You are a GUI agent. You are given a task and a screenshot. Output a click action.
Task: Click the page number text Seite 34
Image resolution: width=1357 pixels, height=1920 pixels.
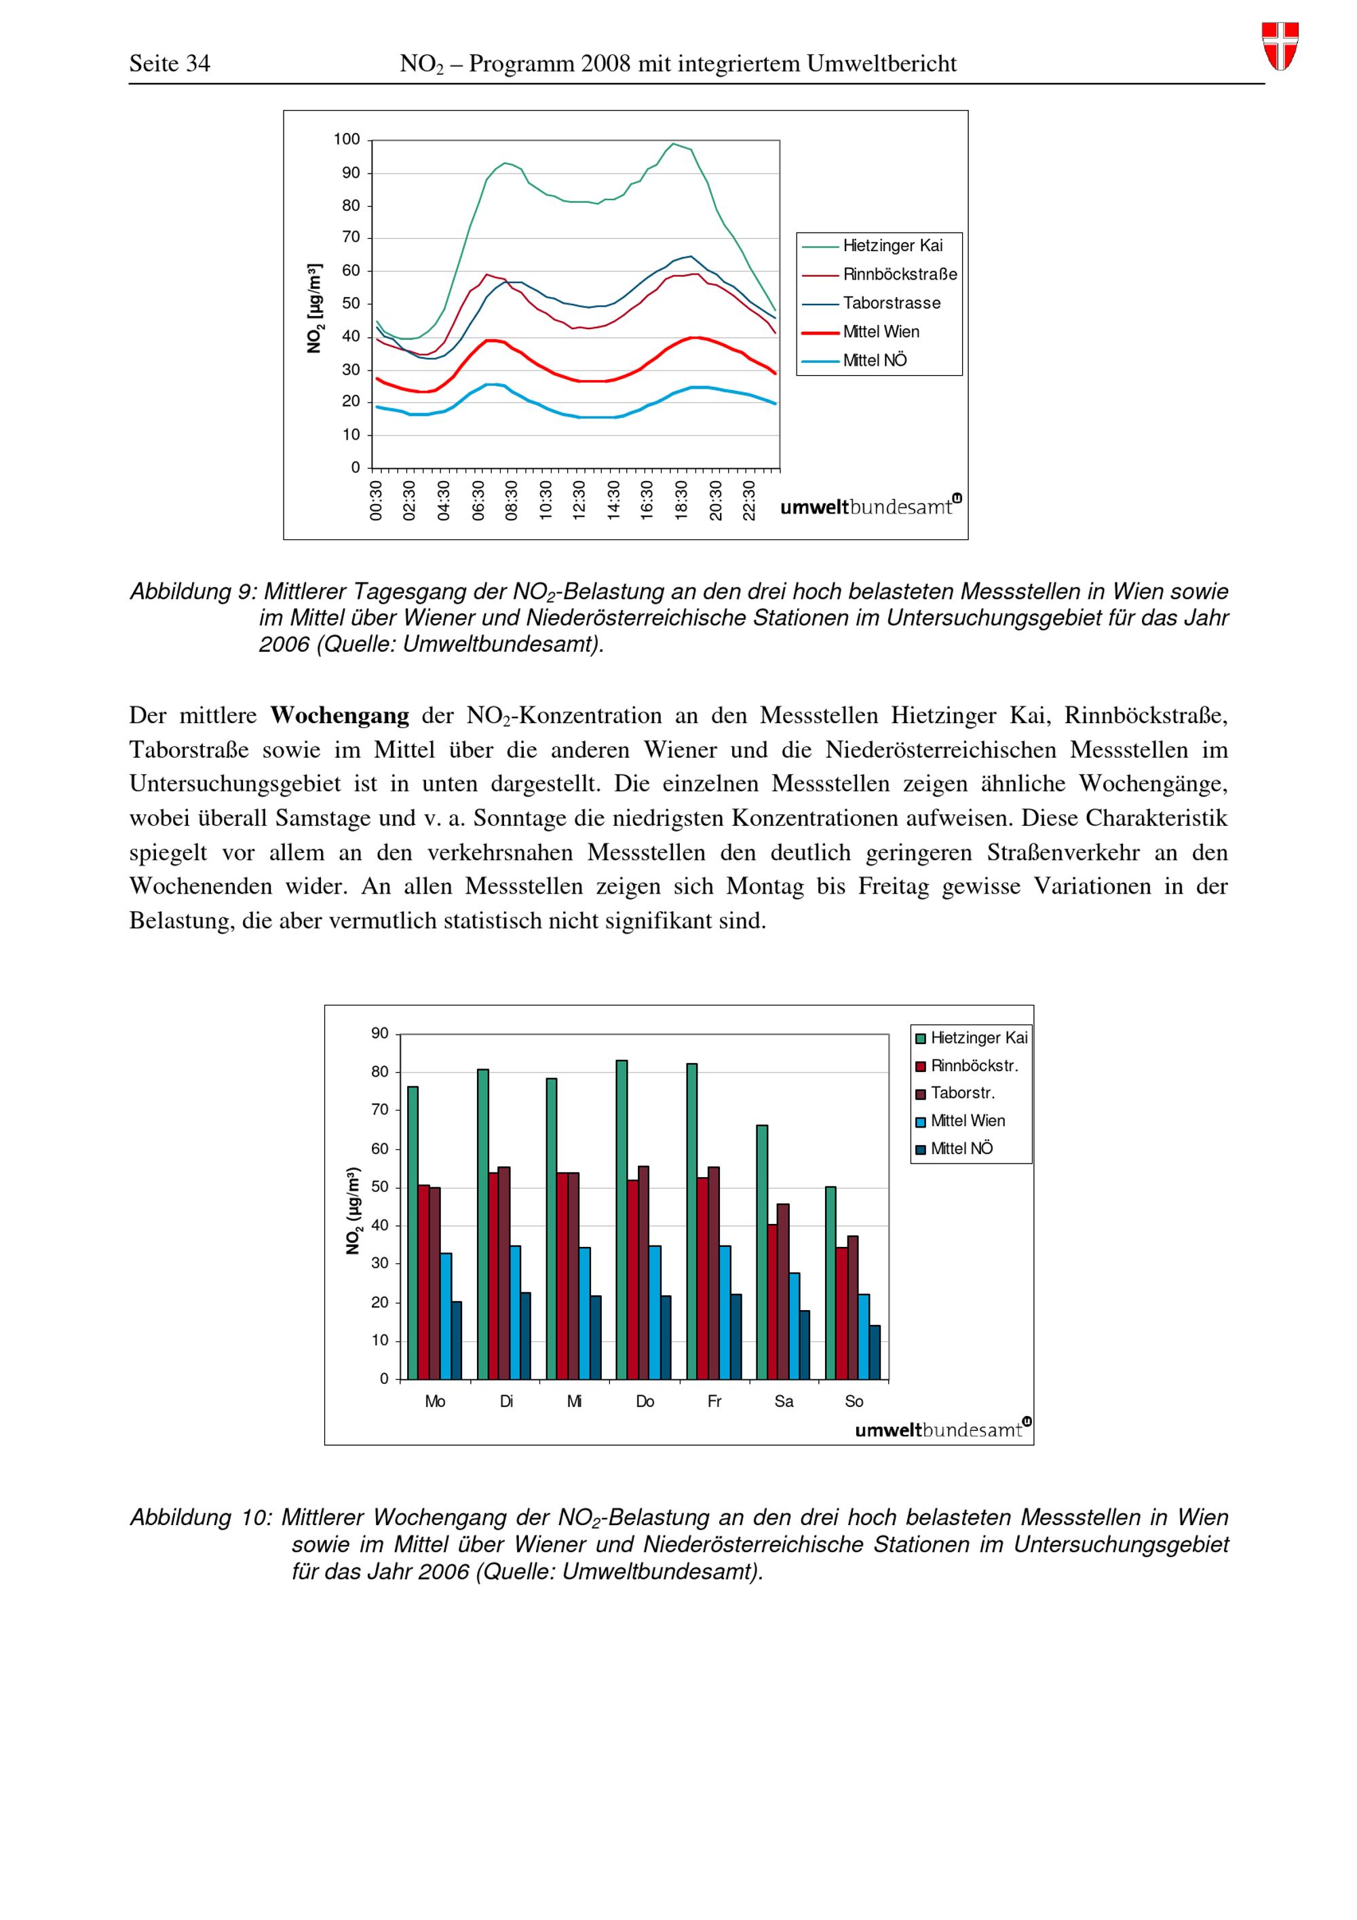[x=170, y=64]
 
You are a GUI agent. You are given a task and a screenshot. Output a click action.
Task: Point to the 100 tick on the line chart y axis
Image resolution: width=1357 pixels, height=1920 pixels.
[x=347, y=140]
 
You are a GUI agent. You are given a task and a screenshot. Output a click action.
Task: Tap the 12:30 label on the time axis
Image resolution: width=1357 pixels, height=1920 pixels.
[x=579, y=500]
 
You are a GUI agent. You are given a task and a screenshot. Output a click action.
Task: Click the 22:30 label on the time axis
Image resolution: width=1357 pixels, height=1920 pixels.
[x=749, y=500]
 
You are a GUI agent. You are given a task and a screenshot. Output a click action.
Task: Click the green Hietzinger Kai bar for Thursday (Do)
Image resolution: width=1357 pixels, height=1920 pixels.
[x=622, y=1219]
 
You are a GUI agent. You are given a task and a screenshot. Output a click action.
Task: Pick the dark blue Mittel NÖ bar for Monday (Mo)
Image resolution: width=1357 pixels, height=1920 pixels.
[x=457, y=1340]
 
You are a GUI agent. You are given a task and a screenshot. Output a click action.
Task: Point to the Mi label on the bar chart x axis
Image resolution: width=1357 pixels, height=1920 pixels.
[x=575, y=1402]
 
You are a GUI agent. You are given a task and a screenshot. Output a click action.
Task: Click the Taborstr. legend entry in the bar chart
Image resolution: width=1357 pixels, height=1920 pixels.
[x=962, y=1093]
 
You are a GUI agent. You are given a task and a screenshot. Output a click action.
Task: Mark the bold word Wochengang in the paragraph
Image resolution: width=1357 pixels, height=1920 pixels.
[x=339, y=716]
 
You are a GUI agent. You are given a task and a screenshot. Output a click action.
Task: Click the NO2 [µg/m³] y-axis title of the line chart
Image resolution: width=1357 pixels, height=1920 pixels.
[x=316, y=308]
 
